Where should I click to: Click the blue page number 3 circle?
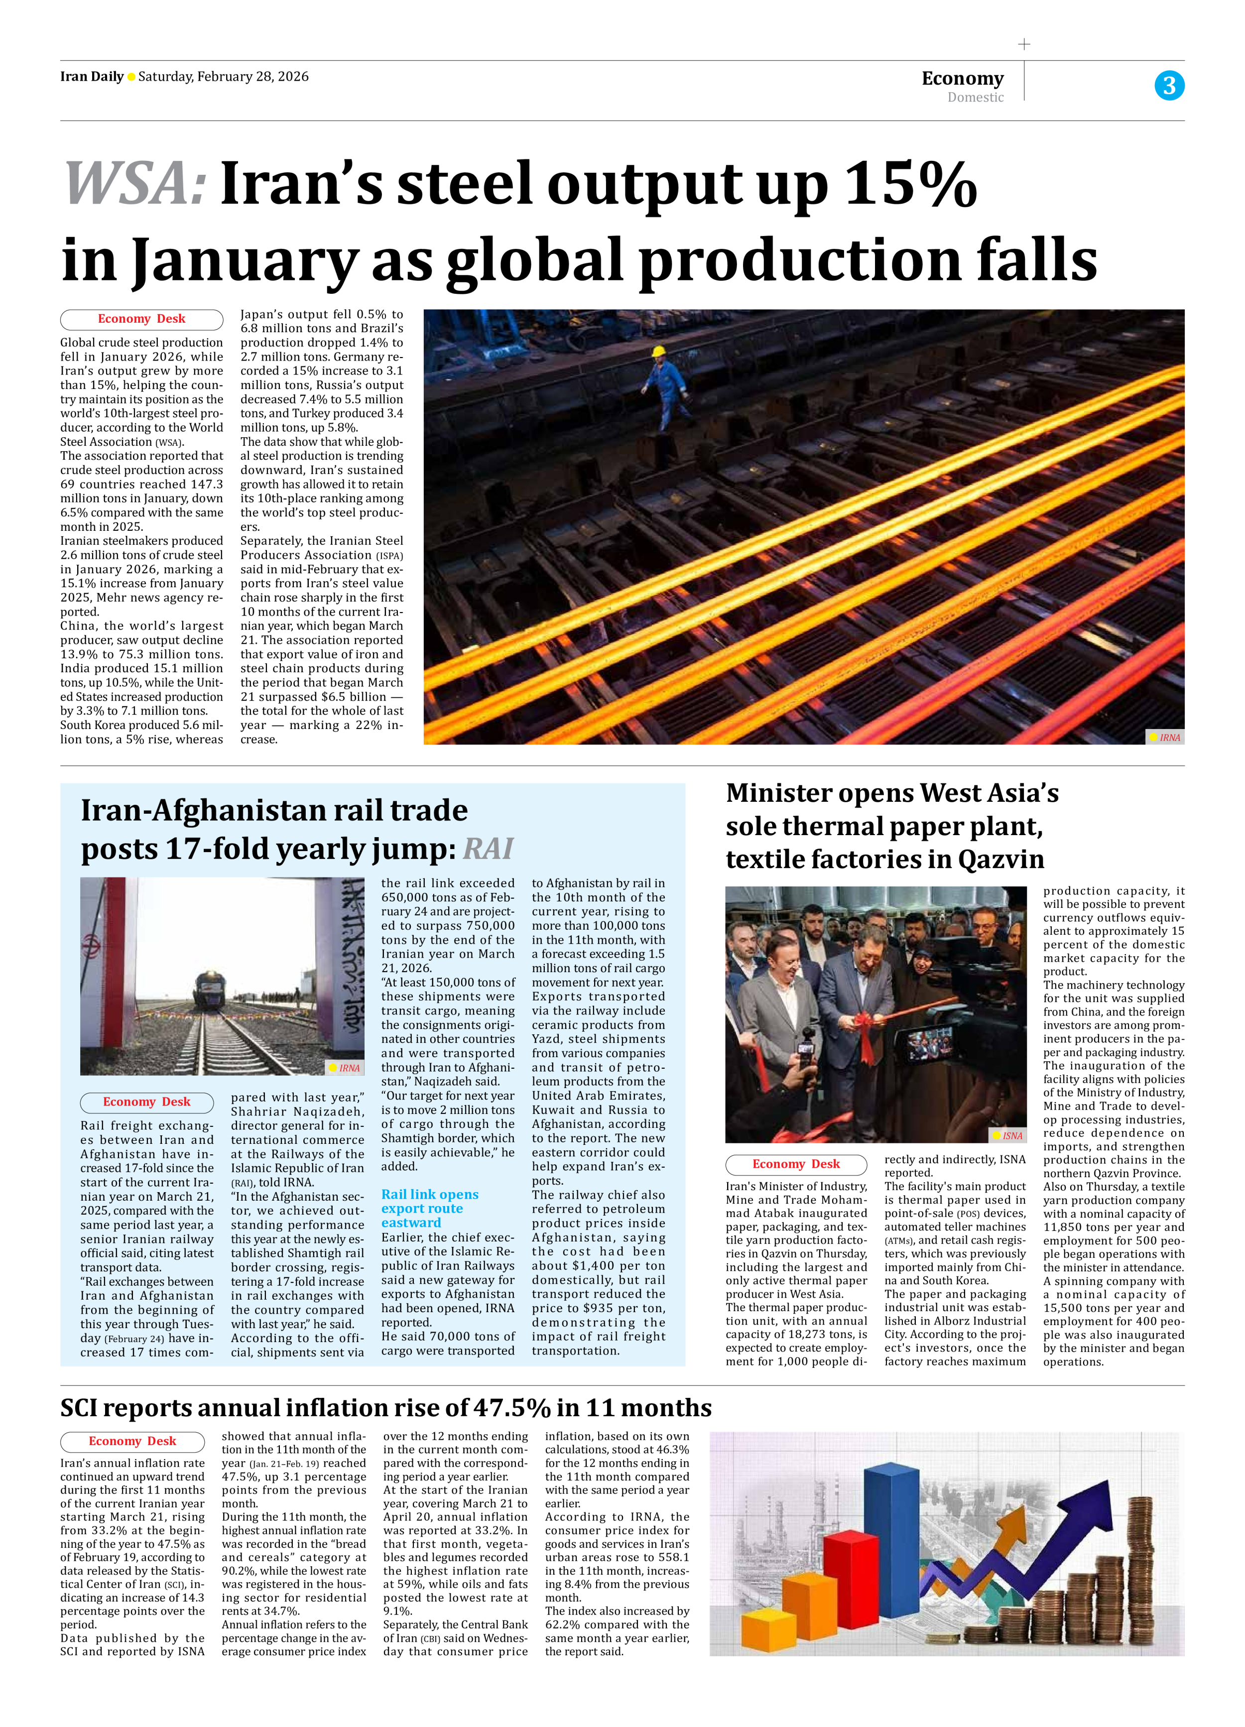[x=1169, y=85]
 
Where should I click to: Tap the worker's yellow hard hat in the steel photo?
[x=659, y=352]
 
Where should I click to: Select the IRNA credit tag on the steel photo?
[x=1165, y=737]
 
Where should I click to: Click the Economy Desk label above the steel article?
[x=141, y=319]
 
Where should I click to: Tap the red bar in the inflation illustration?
[x=851, y=1580]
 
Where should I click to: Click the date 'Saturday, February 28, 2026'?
[x=223, y=76]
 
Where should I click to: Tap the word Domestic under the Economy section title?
[x=976, y=98]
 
